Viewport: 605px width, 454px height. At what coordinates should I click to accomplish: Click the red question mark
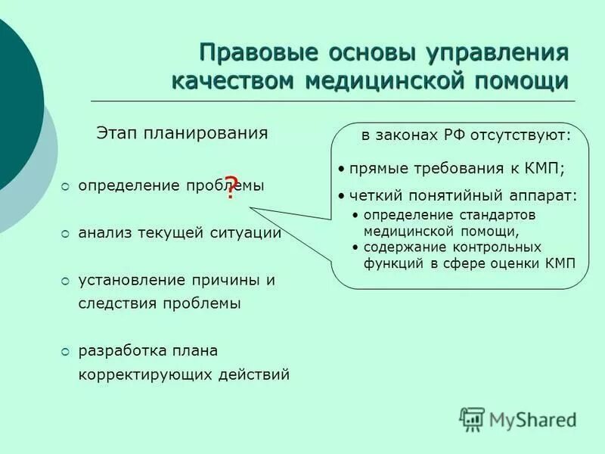(231, 187)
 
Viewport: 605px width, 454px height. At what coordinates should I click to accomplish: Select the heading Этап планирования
(181, 133)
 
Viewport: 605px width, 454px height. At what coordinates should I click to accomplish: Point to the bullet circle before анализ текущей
(65, 234)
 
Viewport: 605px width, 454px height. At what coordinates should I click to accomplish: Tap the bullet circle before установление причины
(65, 281)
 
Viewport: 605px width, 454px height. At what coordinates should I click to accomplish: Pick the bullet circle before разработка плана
(65, 351)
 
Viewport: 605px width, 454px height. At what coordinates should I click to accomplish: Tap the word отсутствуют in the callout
(522, 137)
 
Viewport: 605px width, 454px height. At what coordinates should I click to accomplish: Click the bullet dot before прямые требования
(342, 169)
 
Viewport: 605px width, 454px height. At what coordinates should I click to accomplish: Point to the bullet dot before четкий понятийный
(342, 196)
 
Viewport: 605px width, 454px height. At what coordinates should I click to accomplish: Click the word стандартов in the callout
(507, 215)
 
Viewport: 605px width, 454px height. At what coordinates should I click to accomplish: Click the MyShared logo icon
(472, 419)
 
